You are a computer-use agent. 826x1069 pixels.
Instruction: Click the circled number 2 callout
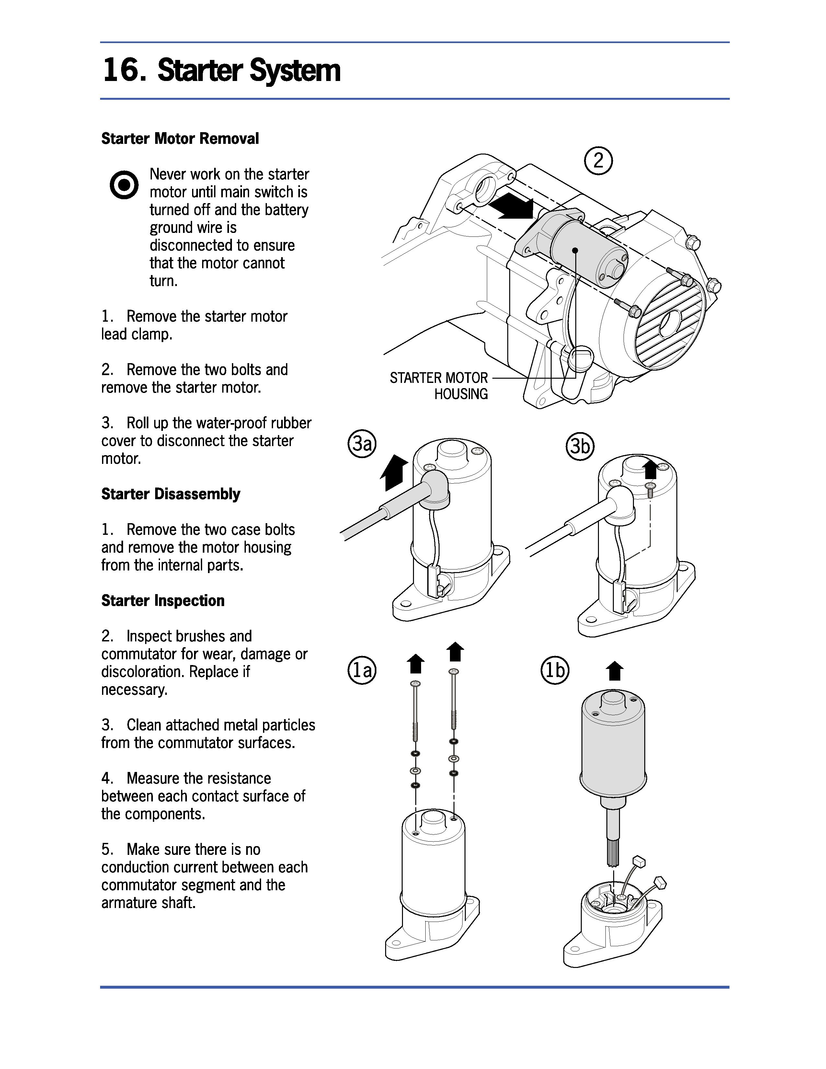click(x=598, y=161)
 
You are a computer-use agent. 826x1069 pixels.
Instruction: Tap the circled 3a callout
click(x=361, y=444)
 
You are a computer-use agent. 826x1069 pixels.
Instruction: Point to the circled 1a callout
click(x=361, y=670)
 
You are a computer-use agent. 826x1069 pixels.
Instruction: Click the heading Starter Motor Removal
click(x=179, y=139)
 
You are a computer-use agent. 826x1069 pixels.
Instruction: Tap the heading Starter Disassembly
click(x=170, y=494)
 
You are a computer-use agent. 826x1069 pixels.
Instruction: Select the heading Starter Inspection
click(x=163, y=601)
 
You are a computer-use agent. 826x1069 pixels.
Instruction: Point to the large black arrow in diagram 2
click(x=512, y=206)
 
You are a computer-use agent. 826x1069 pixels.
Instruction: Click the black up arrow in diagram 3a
click(x=394, y=471)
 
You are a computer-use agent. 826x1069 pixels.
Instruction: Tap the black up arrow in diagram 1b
click(x=614, y=671)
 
